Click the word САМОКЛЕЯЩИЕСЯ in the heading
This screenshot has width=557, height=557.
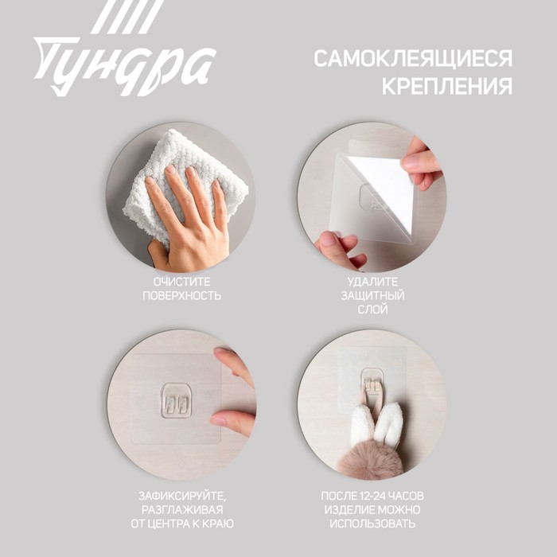(x=413, y=58)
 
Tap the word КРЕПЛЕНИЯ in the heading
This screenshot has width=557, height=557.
(x=447, y=86)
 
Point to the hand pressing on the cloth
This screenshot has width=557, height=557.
(x=189, y=220)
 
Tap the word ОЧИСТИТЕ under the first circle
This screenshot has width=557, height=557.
(x=182, y=282)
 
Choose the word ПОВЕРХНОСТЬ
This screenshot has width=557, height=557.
(x=182, y=295)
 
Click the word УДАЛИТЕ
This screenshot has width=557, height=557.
(x=372, y=282)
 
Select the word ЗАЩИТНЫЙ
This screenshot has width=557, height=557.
(x=372, y=295)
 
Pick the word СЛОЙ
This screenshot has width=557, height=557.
(x=372, y=310)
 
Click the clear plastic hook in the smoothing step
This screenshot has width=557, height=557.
(x=176, y=400)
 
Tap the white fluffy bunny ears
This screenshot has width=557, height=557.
(x=376, y=424)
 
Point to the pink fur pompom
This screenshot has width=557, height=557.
(x=369, y=459)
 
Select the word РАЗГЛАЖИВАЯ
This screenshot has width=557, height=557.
(x=182, y=510)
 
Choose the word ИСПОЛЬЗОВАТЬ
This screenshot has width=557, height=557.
(x=372, y=524)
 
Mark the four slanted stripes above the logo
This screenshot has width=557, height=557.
(x=127, y=17)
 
